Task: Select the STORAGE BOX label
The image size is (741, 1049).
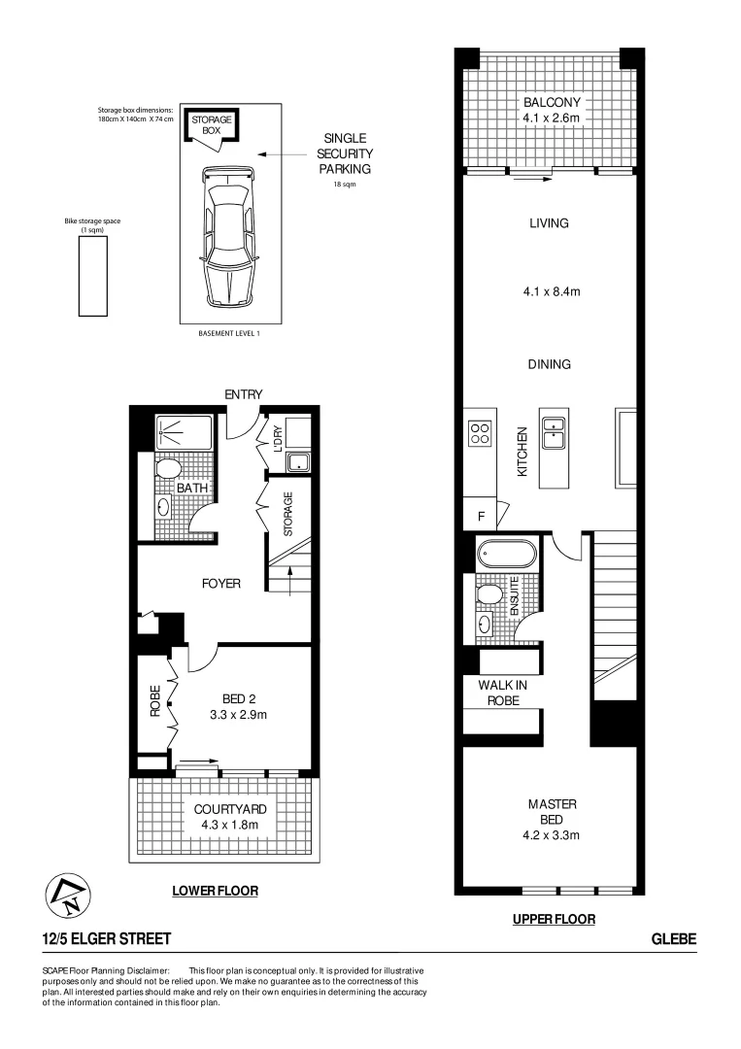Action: [211, 124]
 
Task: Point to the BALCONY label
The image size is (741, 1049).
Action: [552, 103]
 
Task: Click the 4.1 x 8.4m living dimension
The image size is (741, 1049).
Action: [549, 290]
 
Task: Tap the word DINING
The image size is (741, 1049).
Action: [549, 364]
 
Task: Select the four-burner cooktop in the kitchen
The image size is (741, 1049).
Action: [480, 433]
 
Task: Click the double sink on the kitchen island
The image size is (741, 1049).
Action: [555, 431]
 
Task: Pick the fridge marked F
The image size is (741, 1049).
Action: [481, 517]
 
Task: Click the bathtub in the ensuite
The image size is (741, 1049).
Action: [506, 556]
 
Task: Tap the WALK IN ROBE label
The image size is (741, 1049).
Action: [502, 692]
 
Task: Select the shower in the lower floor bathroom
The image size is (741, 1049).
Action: [181, 429]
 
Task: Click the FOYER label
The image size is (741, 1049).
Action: [220, 584]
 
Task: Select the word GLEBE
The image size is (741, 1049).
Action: [674, 938]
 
